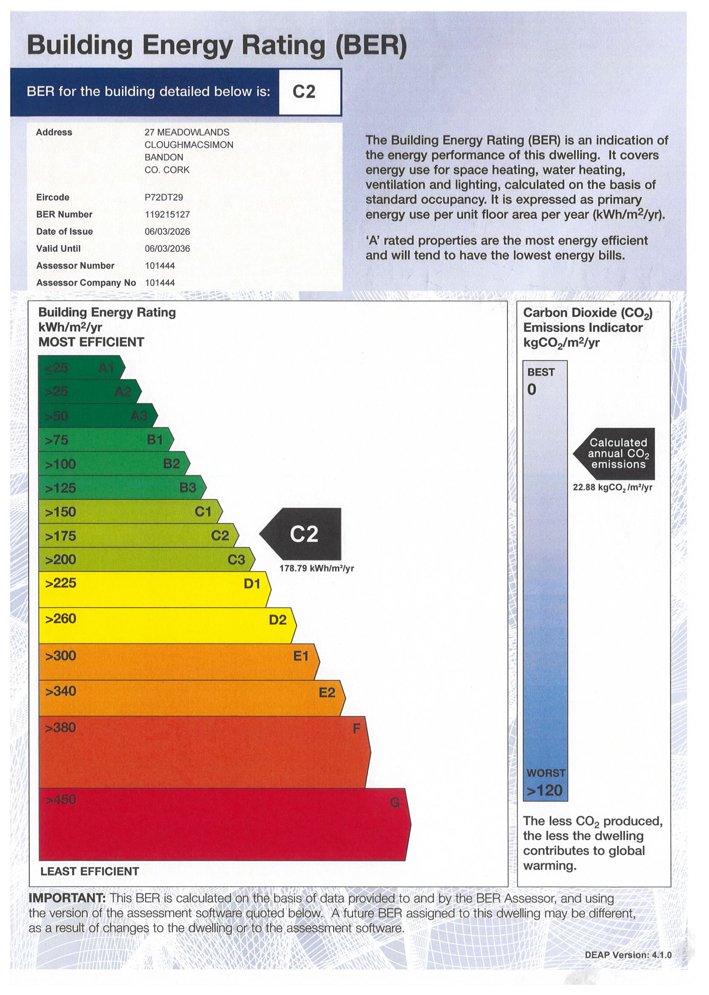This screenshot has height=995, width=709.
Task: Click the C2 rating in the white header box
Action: click(x=304, y=92)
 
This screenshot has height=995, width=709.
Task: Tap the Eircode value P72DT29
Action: click(x=164, y=197)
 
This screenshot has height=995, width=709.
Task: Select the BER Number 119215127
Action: click(x=167, y=214)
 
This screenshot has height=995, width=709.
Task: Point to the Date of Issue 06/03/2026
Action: click(x=167, y=231)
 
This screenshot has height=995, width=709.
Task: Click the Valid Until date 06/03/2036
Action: click(x=167, y=248)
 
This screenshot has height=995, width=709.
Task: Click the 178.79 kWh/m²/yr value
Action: click(x=317, y=568)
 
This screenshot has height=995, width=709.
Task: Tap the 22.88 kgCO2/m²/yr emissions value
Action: click(x=613, y=487)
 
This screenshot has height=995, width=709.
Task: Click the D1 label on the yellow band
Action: click(x=252, y=584)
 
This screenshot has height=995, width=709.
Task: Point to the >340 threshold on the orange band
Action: click(x=61, y=691)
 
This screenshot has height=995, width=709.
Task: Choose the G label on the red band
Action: click(x=395, y=802)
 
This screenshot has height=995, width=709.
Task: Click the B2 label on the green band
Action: click(x=171, y=463)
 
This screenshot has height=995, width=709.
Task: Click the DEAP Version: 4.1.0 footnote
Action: click(x=628, y=955)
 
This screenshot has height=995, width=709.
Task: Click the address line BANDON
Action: click(x=164, y=157)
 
